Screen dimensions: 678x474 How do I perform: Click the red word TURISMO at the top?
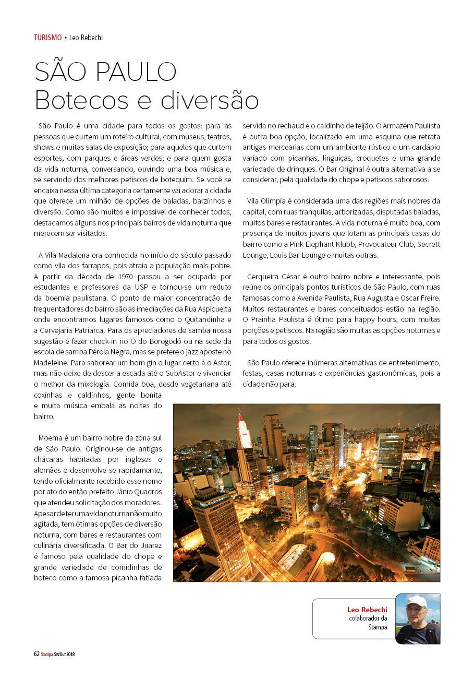(x=47, y=38)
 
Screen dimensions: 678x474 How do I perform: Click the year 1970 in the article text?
(x=129, y=276)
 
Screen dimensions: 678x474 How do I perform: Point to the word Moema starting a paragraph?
(x=50, y=438)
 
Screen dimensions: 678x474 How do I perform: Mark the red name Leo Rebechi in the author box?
(x=367, y=609)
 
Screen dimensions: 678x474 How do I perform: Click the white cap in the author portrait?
(x=416, y=601)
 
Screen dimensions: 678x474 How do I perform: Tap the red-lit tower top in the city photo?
(x=241, y=421)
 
